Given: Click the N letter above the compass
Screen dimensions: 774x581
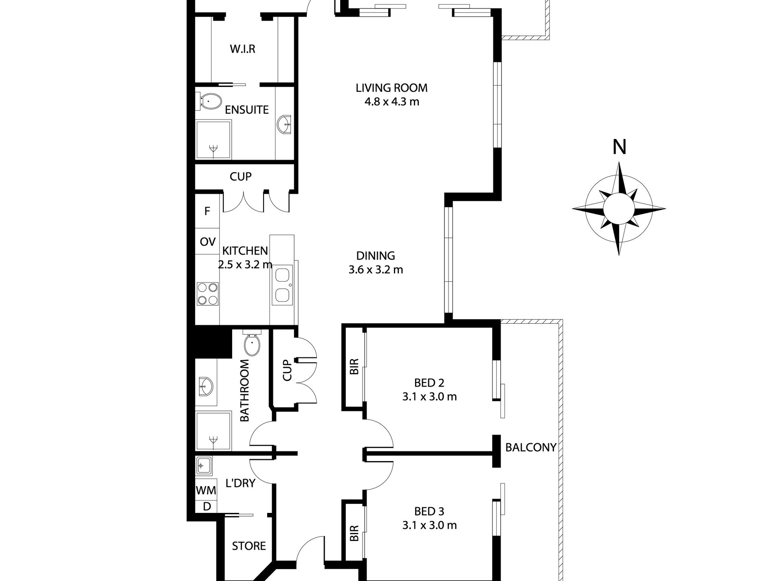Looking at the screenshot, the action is [619, 147].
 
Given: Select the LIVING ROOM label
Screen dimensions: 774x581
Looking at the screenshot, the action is [391, 88].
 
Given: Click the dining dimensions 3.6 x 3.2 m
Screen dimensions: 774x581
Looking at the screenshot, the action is [376, 270].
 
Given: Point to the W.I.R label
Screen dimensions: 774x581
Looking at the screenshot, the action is [242, 49].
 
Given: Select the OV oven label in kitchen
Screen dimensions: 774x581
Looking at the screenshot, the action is [207, 242].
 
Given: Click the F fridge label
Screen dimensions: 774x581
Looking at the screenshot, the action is [207, 211].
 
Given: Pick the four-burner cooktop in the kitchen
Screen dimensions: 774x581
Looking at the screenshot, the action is [207, 294].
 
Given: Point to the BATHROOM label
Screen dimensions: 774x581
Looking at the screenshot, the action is [244, 390].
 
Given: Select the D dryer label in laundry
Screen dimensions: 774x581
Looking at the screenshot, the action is [207, 507].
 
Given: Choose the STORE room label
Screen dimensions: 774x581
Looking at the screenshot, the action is [249, 546].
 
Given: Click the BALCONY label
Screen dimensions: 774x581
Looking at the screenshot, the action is [531, 447].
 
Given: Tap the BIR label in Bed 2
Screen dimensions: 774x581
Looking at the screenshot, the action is [354, 367].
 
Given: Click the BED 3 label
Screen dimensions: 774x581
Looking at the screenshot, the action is [429, 511].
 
